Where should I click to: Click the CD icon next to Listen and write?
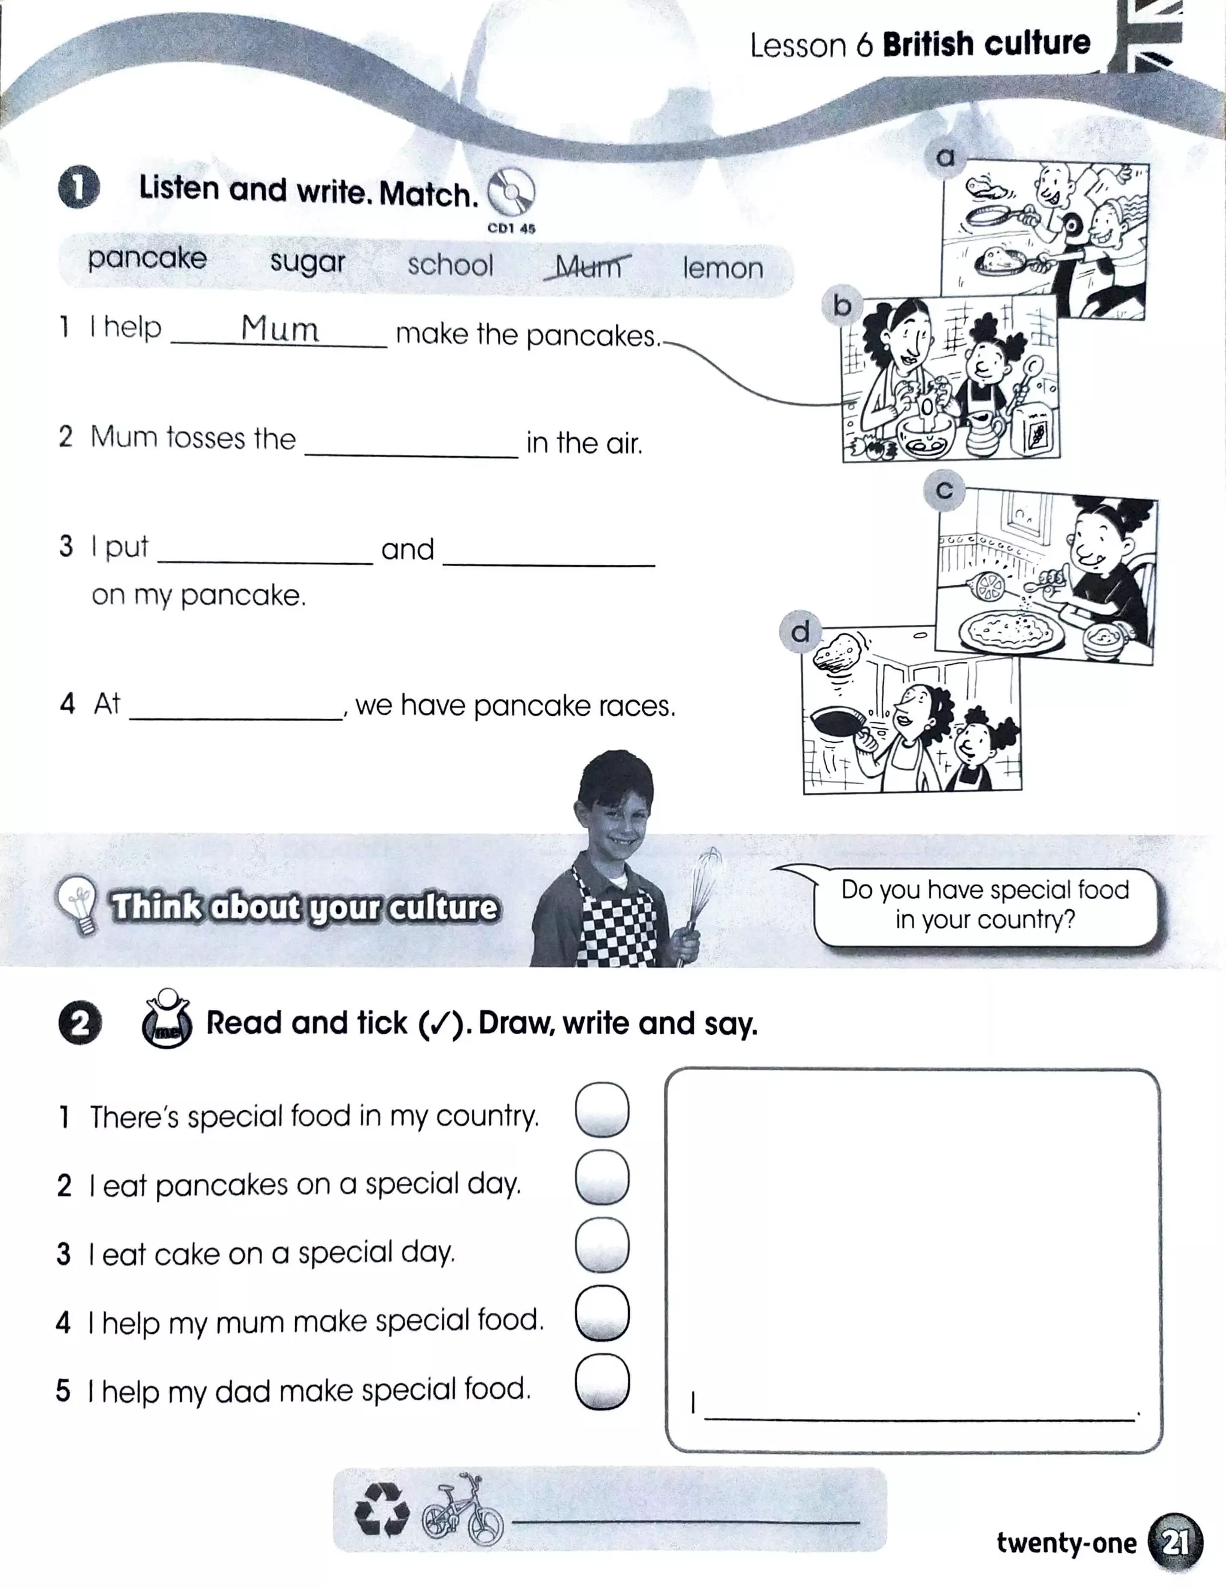(x=511, y=192)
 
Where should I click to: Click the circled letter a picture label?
(x=945, y=156)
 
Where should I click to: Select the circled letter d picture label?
(x=800, y=631)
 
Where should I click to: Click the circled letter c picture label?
(x=943, y=490)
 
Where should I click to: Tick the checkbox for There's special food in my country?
(x=602, y=1109)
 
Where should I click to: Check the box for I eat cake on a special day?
(x=602, y=1245)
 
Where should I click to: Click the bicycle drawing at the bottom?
(x=463, y=1509)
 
